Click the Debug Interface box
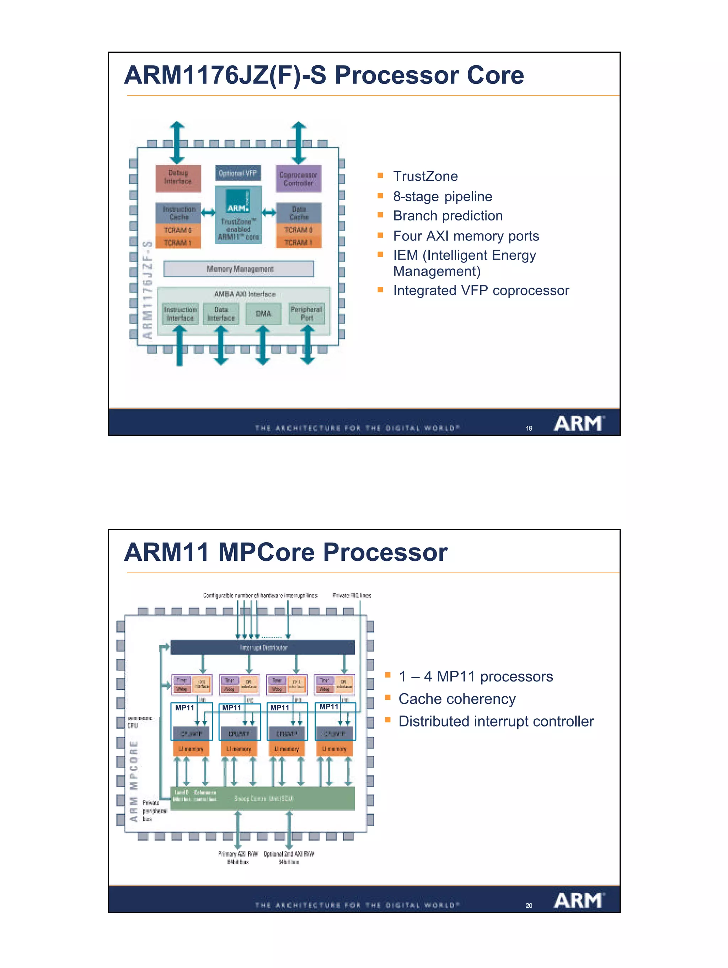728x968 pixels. point(178,178)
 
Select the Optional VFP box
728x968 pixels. point(237,173)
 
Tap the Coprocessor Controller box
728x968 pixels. point(298,179)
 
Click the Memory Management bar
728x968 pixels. point(239,269)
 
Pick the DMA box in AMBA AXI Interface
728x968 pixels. point(263,314)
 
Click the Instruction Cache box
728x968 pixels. point(179,213)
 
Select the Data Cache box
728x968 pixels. point(298,213)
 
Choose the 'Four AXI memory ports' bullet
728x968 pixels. point(466,236)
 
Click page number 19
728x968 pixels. point(529,428)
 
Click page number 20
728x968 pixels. point(529,906)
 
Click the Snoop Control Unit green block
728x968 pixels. point(263,798)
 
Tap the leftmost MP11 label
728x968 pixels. point(184,708)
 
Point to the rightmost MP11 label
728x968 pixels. point(328,707)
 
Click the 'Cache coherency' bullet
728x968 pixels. point(456,699)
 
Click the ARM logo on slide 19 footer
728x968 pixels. point(579,423)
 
